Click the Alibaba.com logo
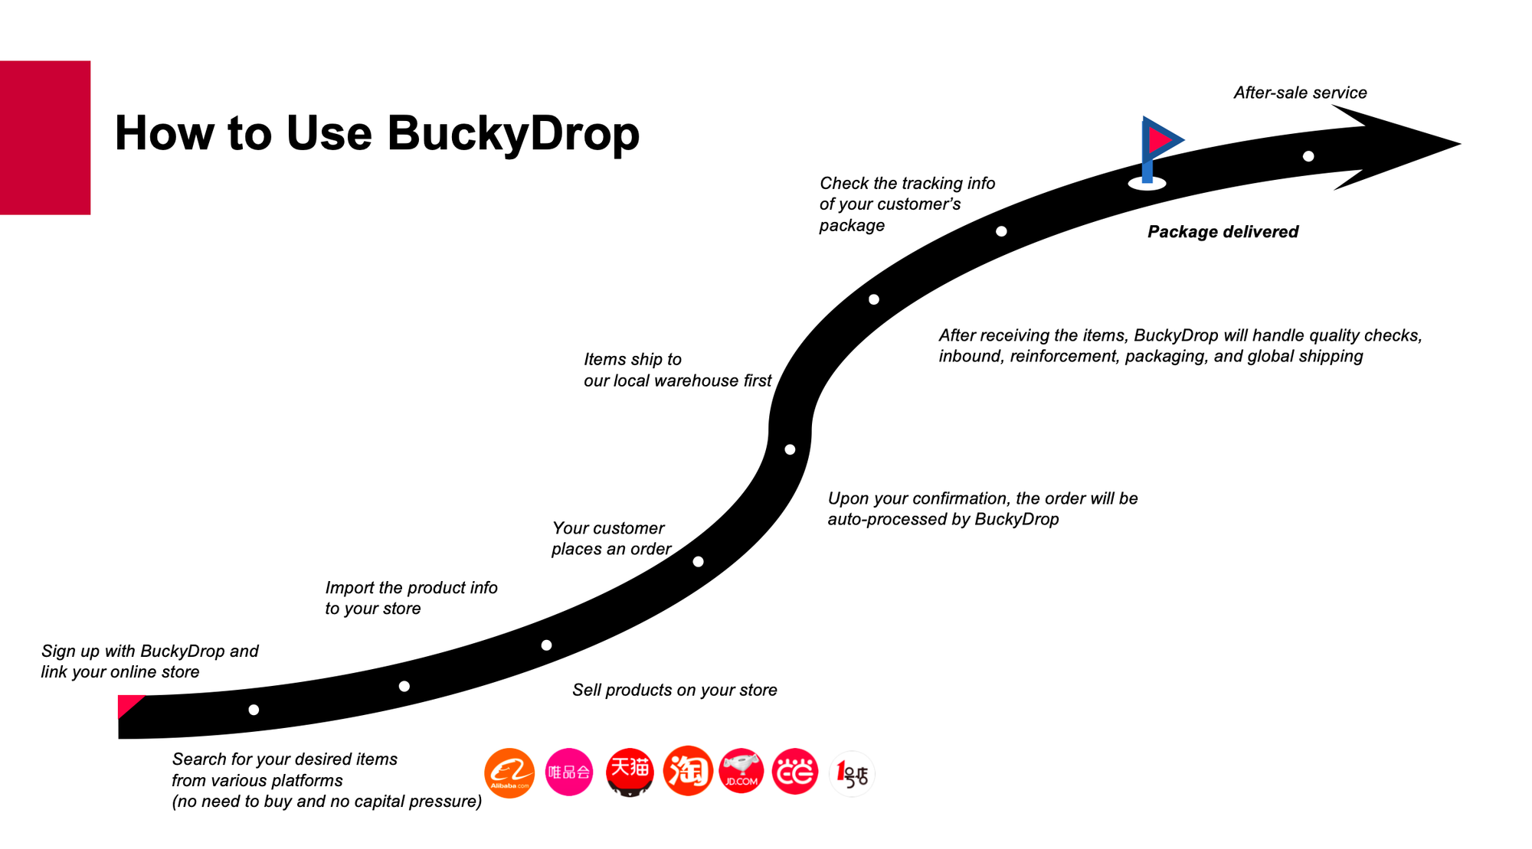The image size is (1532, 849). (509, 772)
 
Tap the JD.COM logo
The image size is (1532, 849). (741, 771)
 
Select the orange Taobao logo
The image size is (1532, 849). (688, 771)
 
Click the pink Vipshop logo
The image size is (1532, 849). (569, 772)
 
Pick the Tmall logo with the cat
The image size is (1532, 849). (630, 772)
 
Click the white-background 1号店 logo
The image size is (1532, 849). (852, 773)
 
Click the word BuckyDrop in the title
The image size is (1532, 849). (513, 133)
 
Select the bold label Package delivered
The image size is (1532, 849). (1223, 232)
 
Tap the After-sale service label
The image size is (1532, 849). (1300, 93)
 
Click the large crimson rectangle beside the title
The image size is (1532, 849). (45, 138)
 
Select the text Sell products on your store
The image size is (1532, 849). (675, 690)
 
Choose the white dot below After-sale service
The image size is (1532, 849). (1308, 156)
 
